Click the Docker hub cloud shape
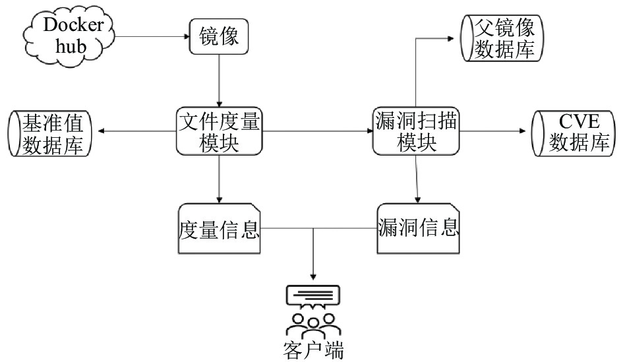(69, 36)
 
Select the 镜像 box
(219, 36)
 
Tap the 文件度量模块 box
(220, 131)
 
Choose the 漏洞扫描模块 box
(416, 131)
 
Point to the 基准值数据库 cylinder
(50, 133)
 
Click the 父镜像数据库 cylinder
(502, 38)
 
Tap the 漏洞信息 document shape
(418, 229)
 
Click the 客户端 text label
(314, 350)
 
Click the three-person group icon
(314, 325)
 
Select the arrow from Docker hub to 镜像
(152, 36)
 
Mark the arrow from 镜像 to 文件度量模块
(219, 80)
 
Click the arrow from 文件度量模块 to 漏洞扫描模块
(318, 131)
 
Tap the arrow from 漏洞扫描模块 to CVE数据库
(492, 131)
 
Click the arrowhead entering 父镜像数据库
(450, 38)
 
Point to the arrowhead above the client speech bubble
(313, 276)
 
